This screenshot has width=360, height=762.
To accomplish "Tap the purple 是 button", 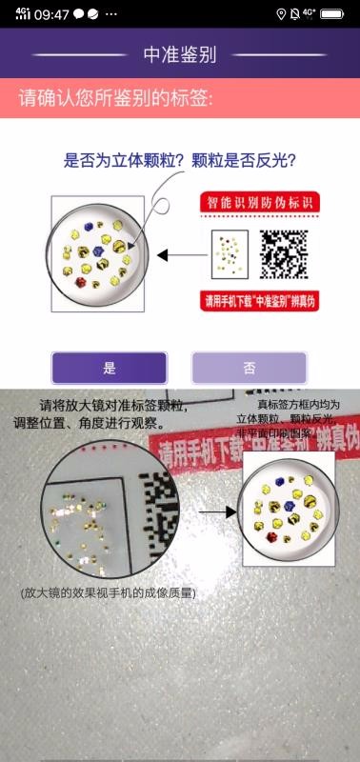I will [x=109, y=368].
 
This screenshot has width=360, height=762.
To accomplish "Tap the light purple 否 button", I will [x=249, y=368].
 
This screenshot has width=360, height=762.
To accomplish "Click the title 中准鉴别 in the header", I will [x=180, y=54].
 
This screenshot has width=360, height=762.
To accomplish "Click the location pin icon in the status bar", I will [x=281, y=14].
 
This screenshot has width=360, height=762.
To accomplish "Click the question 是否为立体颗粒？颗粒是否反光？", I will [x=179, y=161].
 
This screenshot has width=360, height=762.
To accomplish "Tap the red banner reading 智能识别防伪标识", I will [x=258, y=203].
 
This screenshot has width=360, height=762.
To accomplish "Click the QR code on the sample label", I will [x=284, y=253].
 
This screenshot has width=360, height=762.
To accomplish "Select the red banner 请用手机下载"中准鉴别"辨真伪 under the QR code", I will [x=258, y=302].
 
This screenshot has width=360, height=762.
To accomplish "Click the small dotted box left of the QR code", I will [x=229, y=252].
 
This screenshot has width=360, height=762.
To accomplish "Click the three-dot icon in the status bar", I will [x=111, y=14].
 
